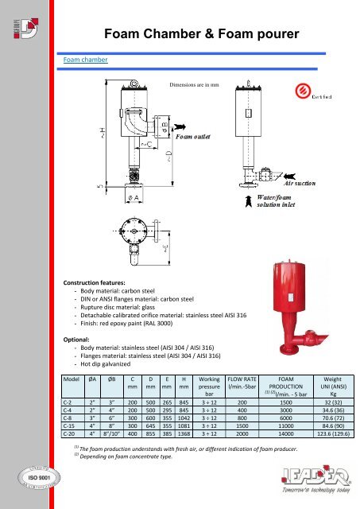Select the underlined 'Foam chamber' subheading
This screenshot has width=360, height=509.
[85, 59]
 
